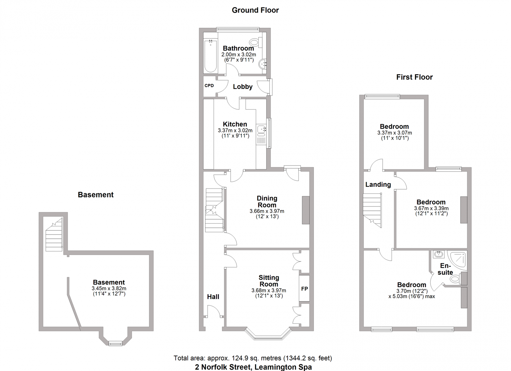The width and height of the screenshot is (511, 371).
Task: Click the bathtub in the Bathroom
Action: (210, 56)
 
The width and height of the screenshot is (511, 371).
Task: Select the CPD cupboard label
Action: (209, 86)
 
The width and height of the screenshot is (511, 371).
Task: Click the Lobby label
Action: (242, 87)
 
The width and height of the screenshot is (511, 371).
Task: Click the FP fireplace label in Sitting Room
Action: (304, 289)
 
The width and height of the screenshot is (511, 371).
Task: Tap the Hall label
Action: (213, 297)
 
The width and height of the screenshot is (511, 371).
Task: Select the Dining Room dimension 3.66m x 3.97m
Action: (267, 211)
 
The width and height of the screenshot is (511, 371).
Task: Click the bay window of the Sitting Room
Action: (268, 335)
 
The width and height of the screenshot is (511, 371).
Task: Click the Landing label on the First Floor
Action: (378, 184)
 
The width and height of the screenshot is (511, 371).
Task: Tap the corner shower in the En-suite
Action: (458, 260)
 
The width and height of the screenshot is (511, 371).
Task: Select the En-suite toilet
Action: (456, 279)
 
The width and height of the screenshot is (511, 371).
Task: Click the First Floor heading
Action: (414, 77)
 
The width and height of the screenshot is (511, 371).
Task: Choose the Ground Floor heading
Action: (255, 10)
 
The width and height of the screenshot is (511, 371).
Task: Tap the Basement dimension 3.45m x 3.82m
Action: (109, 289)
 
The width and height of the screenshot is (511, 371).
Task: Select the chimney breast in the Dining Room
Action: (306, 210)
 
